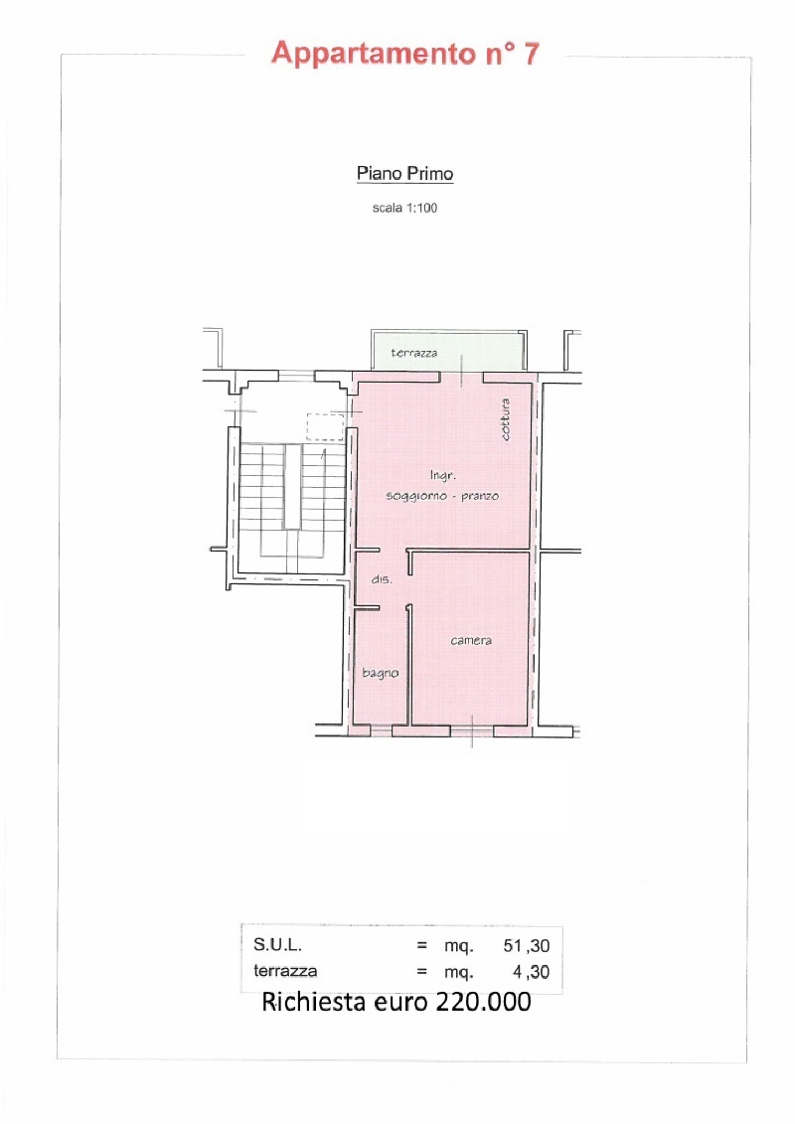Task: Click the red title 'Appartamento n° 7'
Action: click(405, 54)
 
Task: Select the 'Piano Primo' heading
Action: click(405, 174)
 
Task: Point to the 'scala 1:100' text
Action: click(404, 208)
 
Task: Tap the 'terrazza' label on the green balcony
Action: click(413, 353)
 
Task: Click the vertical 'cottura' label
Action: click(506, 419)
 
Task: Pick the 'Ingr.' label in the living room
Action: click(442, 475)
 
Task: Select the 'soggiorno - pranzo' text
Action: click(442, 496)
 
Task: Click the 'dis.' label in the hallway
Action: click(382, 579)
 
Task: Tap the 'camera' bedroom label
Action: click(471, 640)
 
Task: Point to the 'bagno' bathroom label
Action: click(380, 673)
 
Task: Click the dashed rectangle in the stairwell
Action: click(326, 427)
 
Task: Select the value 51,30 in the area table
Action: click(526, 945)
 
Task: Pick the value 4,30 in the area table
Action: click(532, 972)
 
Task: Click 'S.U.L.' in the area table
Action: click(277, 945)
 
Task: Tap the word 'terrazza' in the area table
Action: click(285, 971)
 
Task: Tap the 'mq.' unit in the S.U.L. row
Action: click(459, 946)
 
